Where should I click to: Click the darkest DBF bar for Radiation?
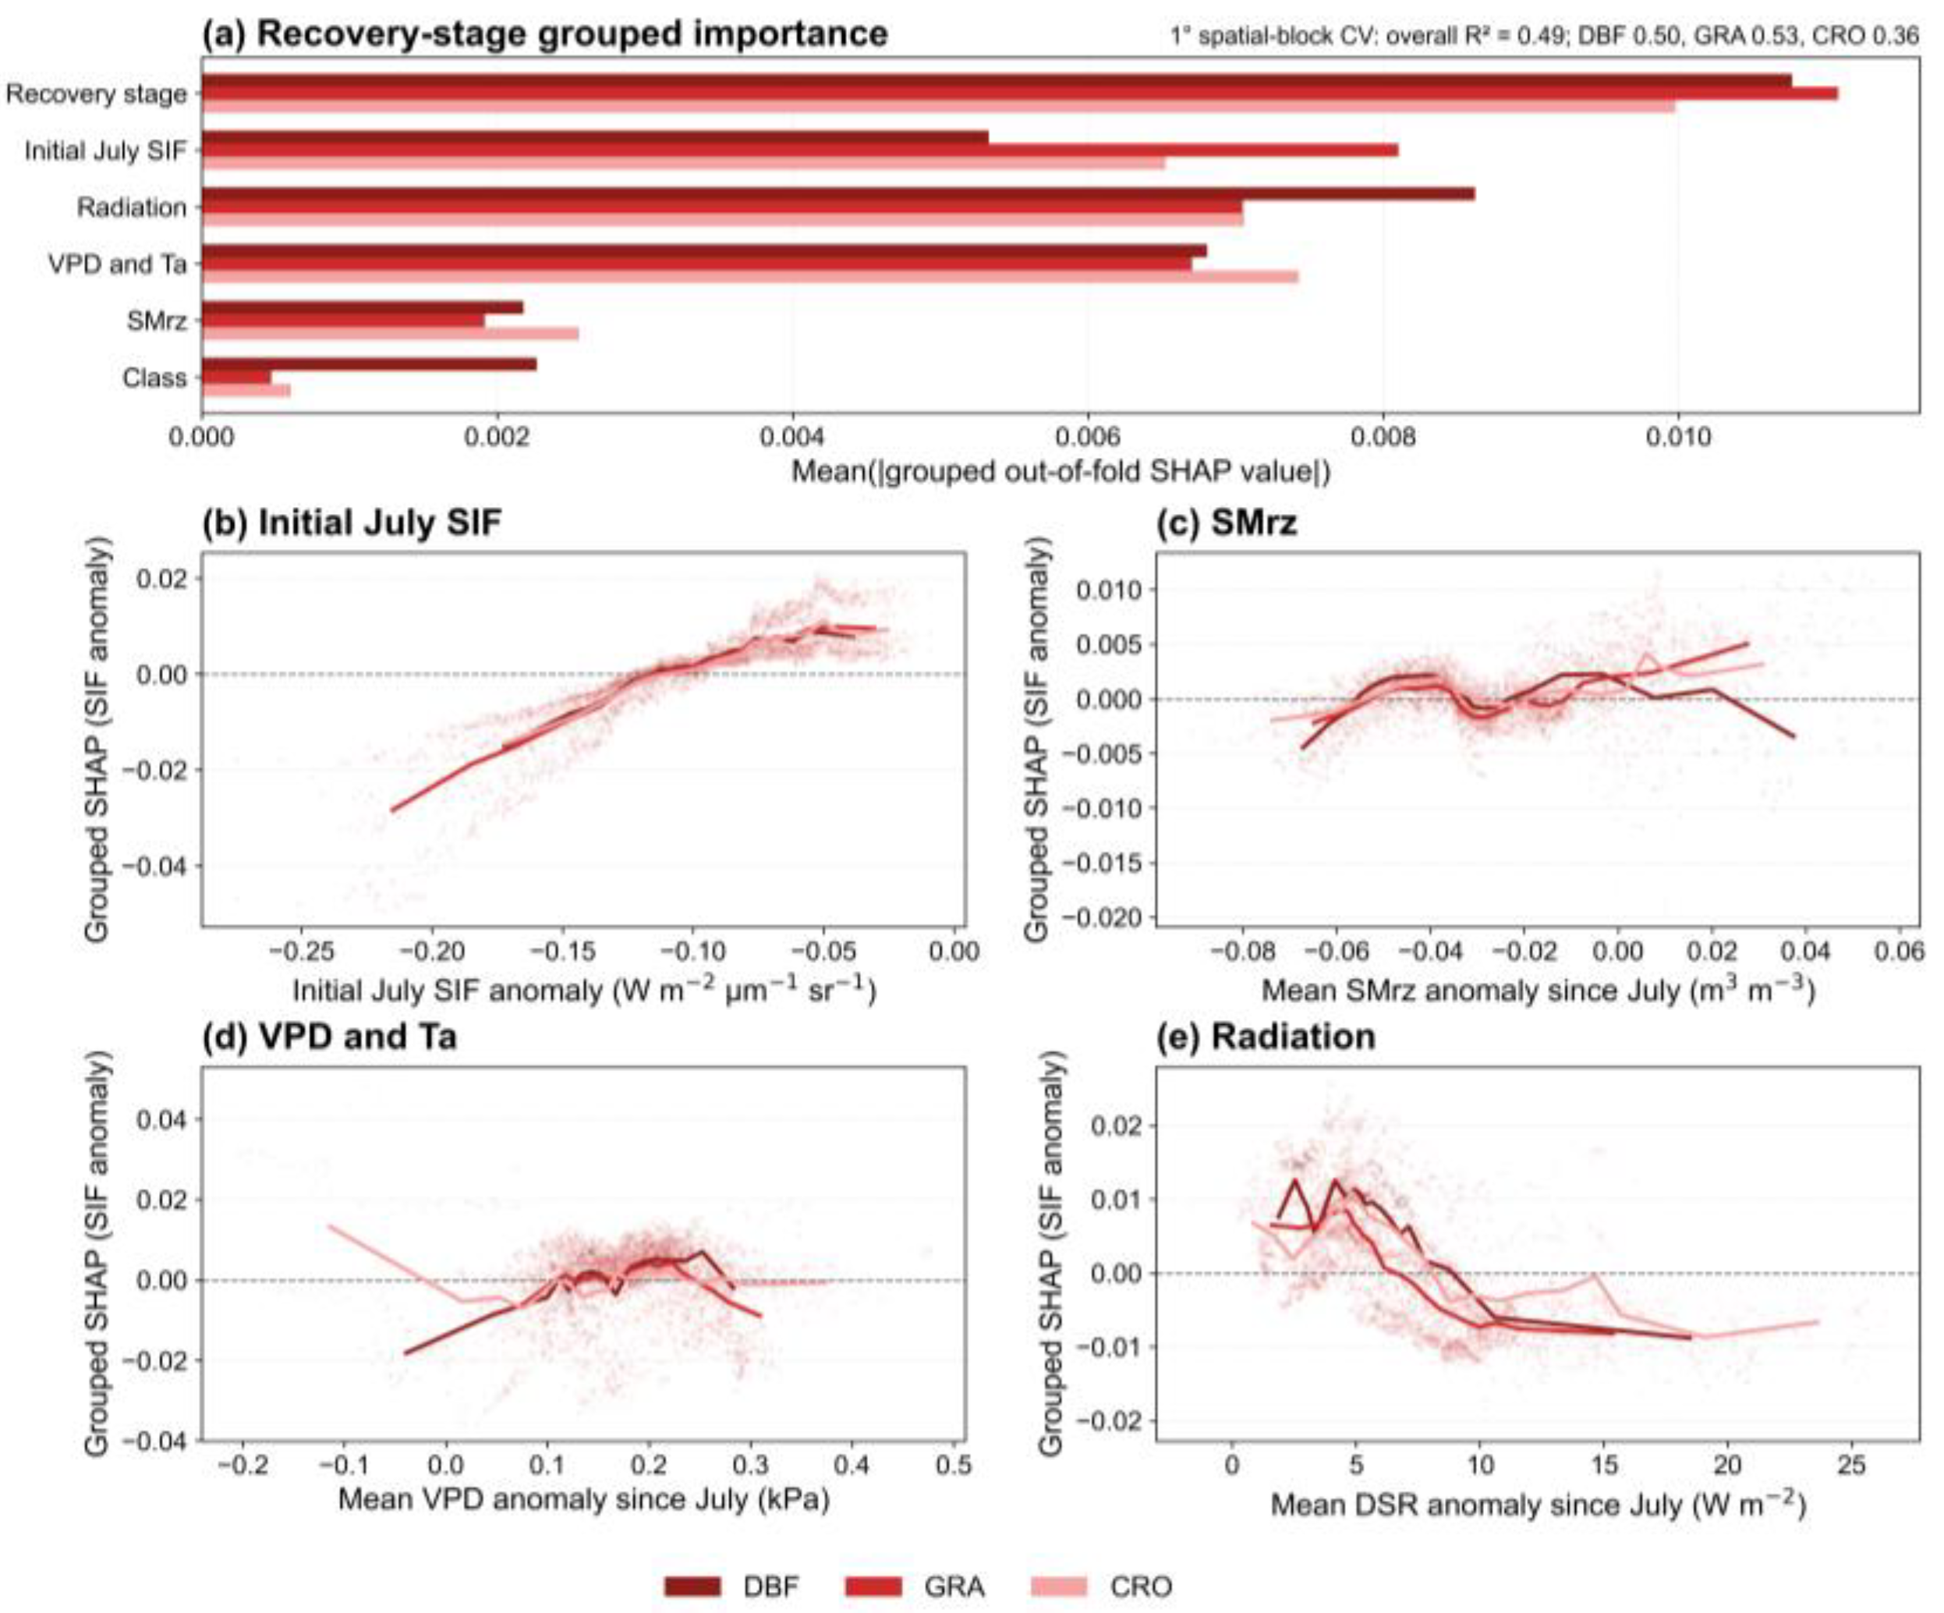839,193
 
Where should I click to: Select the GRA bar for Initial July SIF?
801,150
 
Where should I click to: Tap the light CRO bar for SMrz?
391,333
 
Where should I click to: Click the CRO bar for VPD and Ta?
751,276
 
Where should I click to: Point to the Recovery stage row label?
96,94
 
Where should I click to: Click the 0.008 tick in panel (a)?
1383,436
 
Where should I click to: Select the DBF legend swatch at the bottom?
692,1586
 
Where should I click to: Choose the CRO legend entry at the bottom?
1102,1586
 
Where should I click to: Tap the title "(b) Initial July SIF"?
352,523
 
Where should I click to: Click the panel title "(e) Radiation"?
1266,1037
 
